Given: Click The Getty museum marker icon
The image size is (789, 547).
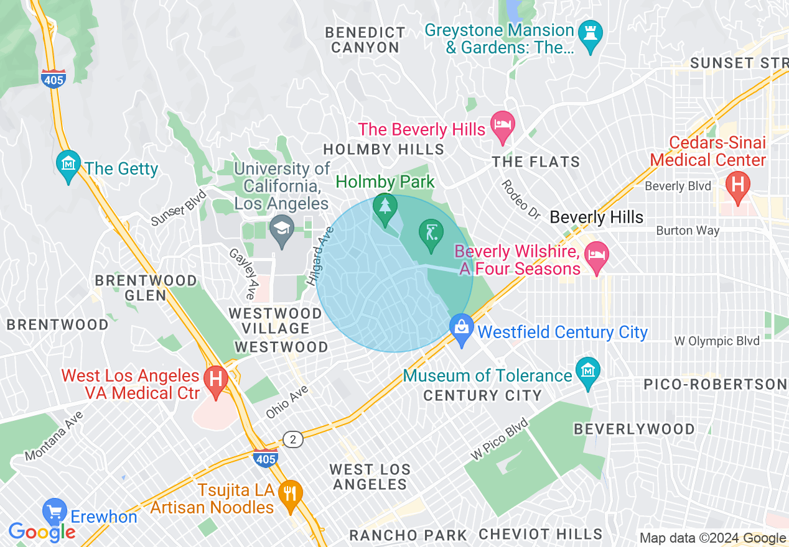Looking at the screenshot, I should pos(68,163).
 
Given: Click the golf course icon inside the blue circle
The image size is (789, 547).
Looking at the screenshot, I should pos(431,233).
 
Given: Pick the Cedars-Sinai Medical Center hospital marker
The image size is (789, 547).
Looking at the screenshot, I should pos(738,185).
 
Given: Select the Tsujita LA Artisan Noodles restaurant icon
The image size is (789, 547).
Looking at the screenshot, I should pos(290,493).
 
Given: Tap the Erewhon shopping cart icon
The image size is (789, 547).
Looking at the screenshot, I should pos(55,512).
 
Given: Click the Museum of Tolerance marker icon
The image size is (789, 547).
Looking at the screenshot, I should pos(587,371).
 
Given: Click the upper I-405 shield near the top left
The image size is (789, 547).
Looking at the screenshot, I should pos(54,78).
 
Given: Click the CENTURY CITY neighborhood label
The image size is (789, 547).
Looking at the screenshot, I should pos(482,395).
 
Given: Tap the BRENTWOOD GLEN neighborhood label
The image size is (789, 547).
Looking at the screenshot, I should pos(146,288).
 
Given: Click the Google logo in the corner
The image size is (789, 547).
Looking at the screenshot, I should pos(42,532).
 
